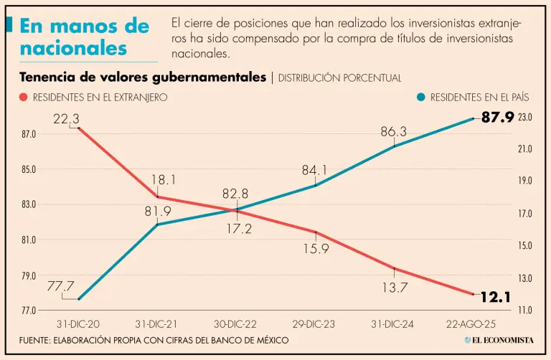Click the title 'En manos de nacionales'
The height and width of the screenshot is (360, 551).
pyautogui.click(x=84, y=37)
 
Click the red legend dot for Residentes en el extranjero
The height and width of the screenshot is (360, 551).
pyautogui.click(x=24, y=98)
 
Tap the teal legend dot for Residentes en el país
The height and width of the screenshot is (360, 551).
pyautogui.click(x=420, y=98)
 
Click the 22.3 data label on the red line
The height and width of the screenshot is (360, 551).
pyautogui.click(x=66, y=118)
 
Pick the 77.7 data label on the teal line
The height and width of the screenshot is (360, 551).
pyautogui.click(x=62, y=286)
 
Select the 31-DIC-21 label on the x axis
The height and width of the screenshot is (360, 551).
pyautogui.click(x=157, y=325)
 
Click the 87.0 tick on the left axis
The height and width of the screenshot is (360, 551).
pyautogui.click(x=29, y=134)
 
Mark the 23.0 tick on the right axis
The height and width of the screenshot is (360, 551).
pyautogui.click(x=525, y=117)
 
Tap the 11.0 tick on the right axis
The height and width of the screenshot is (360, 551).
pyautogui.click(x=525, y=311)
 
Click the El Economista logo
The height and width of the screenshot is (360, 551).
pyautogui.click(x=498, y=340)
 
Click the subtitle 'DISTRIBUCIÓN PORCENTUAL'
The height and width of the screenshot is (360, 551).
pyautogui.click(x=339, y=77)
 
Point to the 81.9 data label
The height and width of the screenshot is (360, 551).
pyautogui.click(x=158, y=211)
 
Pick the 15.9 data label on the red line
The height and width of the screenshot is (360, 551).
pyautogui.click(x=316, y=249)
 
